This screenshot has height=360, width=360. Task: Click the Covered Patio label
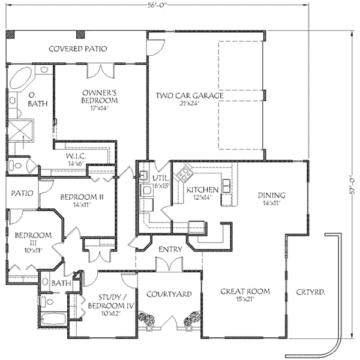pyautogui.click(x=77, y=49)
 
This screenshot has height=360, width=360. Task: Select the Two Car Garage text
pyautogui.click(x=190, y=96)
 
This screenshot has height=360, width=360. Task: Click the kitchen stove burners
pyautogui.click(x=183, y=175)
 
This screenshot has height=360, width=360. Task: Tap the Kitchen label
pyautogui.click(x=199, y=193)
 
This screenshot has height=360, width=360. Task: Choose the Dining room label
pyautogui.click(x=271, y=199)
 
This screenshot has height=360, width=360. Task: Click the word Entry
pyautogui.click(x=170, y=249)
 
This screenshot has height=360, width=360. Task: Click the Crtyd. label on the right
pyautogui.click(x=311, y=293)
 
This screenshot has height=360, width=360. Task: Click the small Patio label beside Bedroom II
pyautogui.click(x=22, y=193)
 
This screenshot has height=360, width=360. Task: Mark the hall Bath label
pyautogui.click(x=61, y=283)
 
